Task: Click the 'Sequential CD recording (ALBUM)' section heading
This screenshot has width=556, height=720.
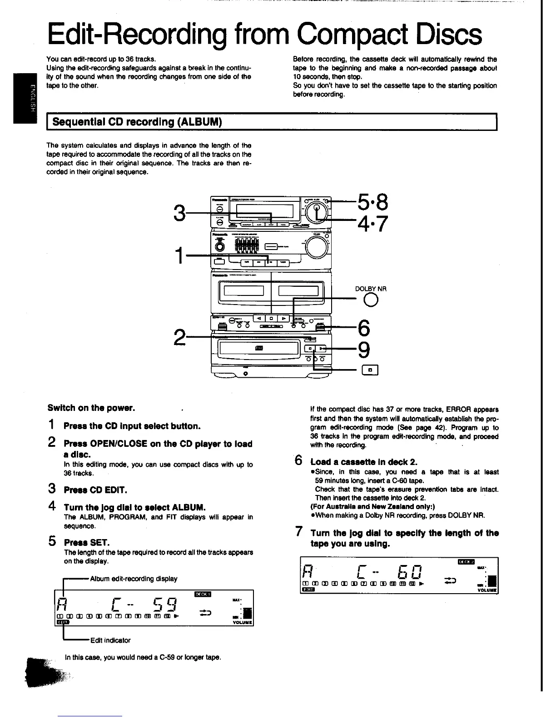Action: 137,122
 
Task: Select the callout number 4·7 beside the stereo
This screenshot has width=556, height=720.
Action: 373,224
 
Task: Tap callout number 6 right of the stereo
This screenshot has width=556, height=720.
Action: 364,328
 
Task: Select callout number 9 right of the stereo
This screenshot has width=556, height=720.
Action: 364,350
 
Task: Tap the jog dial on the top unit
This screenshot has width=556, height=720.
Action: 317,211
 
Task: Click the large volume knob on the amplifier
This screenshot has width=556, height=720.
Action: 317,248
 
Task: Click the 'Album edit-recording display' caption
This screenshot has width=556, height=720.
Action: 134,579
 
